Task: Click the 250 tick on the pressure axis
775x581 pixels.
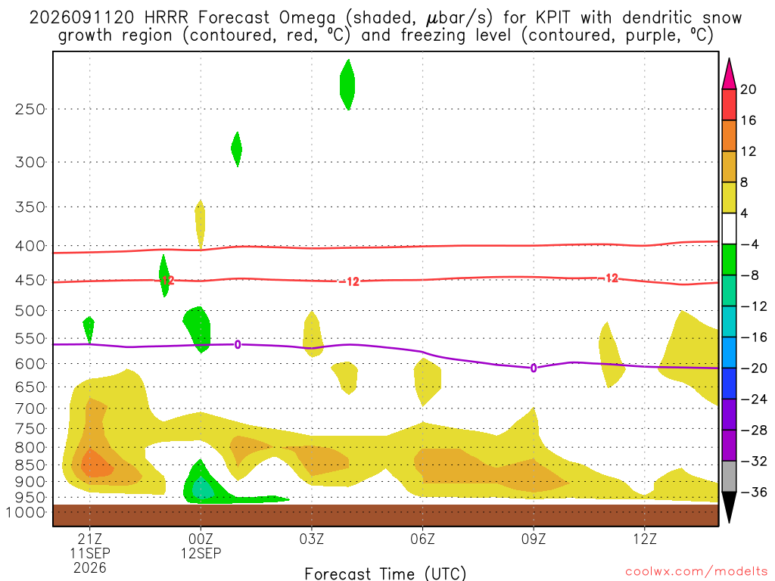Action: point(30,109)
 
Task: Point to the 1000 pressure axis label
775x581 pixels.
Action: point(26,512)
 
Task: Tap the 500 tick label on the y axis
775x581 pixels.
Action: point(30,311)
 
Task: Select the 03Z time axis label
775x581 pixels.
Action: point(311,539)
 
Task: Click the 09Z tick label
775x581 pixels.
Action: point(534,539)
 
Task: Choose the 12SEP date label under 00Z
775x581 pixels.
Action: point(201,553)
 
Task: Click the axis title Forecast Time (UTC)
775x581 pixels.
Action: point(385,573)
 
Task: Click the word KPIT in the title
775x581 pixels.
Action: point(551,18)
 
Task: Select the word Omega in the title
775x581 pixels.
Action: point(307,19)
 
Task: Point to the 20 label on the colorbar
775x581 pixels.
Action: point(749,89)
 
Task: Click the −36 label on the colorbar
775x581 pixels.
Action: point(754,492)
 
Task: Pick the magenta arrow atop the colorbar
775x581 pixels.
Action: point(729,75)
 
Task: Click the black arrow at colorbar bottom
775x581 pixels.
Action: point(729,506)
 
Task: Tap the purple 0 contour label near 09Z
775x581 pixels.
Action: point(534,368)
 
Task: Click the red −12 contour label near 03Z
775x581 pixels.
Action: point(350,281)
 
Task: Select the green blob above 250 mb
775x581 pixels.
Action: point(347,85)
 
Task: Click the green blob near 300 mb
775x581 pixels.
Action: point(237,149)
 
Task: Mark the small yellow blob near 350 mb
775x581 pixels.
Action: point(200,224)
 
